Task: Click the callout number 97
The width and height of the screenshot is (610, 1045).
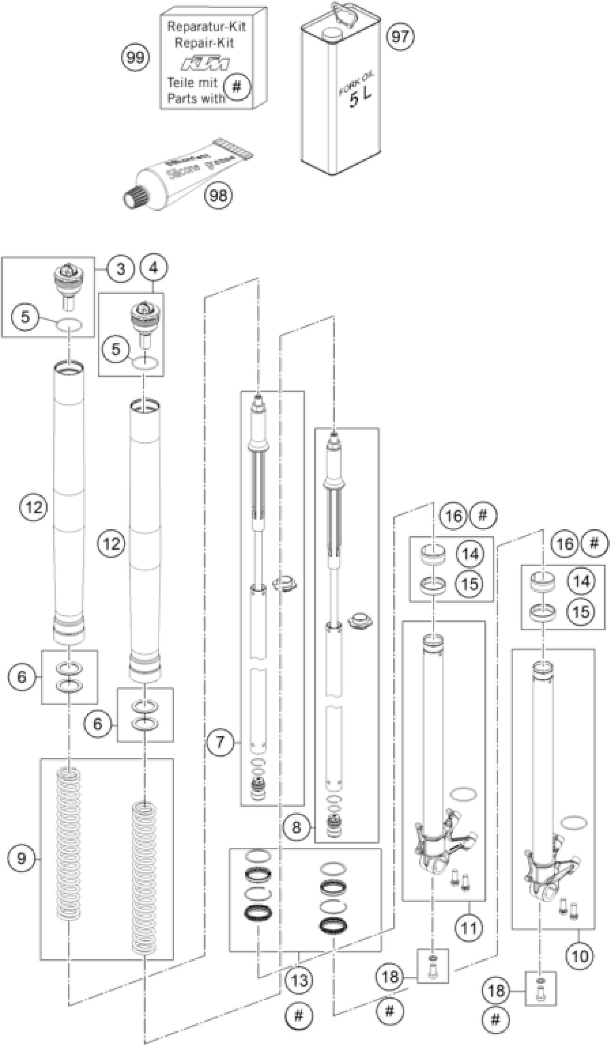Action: [400, 37]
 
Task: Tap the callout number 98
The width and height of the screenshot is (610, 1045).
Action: [218, 194]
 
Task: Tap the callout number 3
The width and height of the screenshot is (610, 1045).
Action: [120, 269]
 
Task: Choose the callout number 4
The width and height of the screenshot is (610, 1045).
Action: [154, 268]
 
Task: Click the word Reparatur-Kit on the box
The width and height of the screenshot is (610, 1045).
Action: [206, 27]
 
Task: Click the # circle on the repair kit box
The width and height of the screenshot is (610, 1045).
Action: [237, 87]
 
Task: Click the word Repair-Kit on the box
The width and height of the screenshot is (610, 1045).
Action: [204, 43]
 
